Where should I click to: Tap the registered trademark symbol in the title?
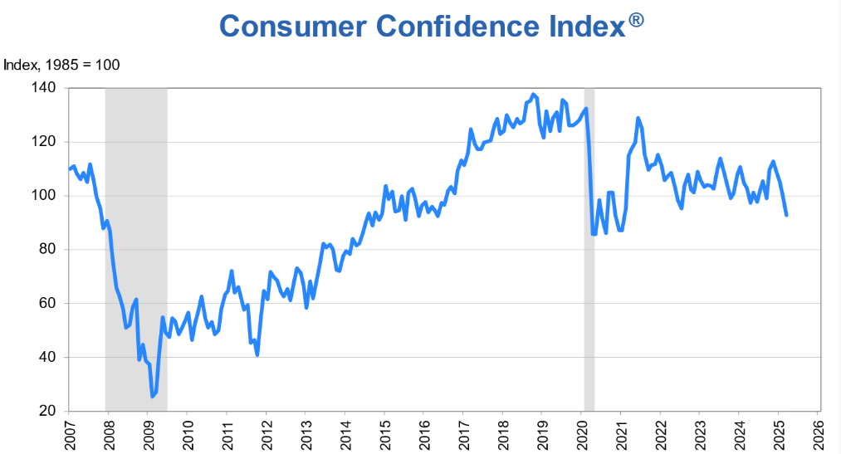click(636, 19)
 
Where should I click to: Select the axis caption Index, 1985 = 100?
click(62, 65)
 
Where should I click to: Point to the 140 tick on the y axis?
click(44, 88)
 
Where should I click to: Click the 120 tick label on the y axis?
click(44, 142)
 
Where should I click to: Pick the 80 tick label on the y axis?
click(47, 250)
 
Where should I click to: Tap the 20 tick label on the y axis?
click(47, 412)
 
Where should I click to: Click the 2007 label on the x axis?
click(69, 433)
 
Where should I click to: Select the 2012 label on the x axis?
click(266, 433)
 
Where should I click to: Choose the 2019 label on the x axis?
click(541, 433)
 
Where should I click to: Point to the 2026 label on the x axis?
click(817, 433)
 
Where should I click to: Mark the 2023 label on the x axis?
click(699, 433)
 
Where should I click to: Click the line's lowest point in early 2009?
click(152, 397)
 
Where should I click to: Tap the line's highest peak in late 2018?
click(533, 95)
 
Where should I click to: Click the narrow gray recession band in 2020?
click(589, 249)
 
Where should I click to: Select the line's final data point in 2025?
click(786, 215)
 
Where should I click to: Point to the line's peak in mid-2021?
click(638, 118)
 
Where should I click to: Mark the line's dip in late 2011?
click(257, 354)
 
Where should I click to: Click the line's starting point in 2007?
click(69, 168)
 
